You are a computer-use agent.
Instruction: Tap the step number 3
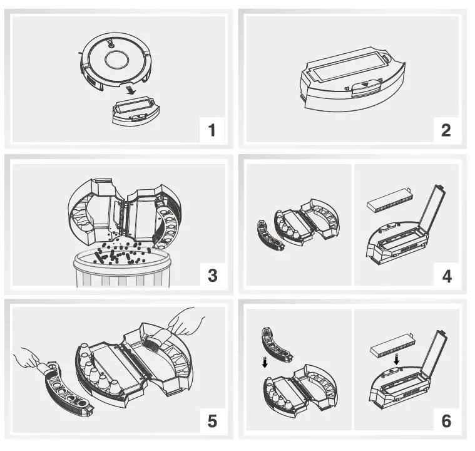coord(212,274)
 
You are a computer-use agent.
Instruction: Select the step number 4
coord(446,274)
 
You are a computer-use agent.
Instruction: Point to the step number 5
coord(212,420)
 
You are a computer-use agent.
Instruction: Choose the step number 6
coord(446,420)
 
